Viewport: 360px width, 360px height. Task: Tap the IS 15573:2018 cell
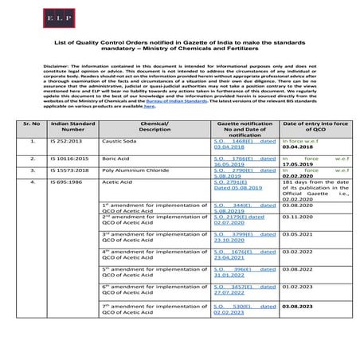70,170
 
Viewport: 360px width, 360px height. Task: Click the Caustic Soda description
120,140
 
